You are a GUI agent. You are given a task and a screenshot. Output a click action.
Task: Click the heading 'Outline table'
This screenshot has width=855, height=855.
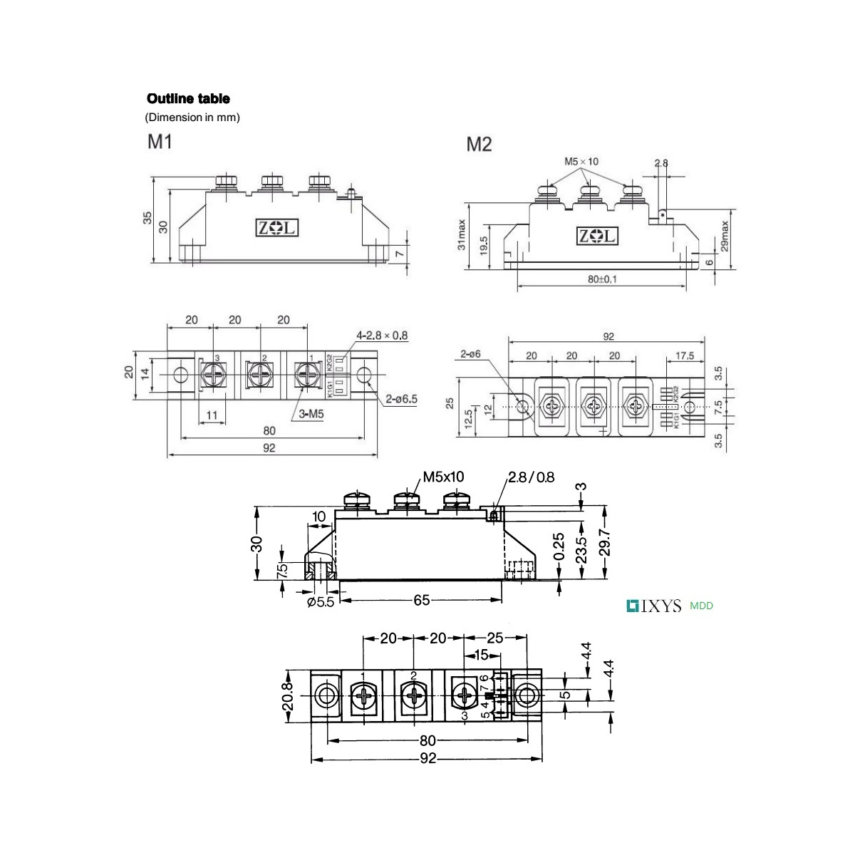tap(188, 99)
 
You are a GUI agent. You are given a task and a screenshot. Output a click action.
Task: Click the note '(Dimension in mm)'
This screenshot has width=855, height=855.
tap(192, 118)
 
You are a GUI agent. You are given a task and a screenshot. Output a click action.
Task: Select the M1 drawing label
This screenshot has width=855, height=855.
tap(160, 142)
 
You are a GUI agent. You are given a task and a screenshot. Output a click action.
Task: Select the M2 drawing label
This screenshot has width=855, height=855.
tap(479, 145)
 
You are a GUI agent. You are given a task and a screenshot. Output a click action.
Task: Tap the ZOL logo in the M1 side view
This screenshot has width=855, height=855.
tap(278, 228)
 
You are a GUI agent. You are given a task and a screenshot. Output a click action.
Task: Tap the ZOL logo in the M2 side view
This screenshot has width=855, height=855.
tap(598, 237)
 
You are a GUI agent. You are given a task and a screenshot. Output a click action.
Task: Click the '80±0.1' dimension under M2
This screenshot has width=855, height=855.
tap(603, 279)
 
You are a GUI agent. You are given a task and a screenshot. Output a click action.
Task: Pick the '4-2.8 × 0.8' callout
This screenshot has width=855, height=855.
tap(383, 334)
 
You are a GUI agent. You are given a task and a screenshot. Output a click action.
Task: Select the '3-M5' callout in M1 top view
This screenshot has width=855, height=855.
tap(304, 413)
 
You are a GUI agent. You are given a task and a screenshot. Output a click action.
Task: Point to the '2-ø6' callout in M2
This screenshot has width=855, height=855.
tap(472, 353)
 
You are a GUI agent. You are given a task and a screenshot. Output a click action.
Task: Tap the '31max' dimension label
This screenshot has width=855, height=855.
tap(462, 234)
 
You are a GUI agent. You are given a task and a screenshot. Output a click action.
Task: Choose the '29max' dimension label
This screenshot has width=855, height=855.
tap(725, 234)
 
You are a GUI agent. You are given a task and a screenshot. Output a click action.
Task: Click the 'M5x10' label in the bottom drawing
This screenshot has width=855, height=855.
tap(443, 476)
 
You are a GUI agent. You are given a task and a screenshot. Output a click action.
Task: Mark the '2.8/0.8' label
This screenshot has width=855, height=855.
tap(532, 477)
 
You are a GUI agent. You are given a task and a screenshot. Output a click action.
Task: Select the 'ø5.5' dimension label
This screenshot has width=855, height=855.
tap(321, 601)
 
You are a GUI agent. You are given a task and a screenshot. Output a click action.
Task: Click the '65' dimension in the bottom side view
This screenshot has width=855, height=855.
tap(422, 600)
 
